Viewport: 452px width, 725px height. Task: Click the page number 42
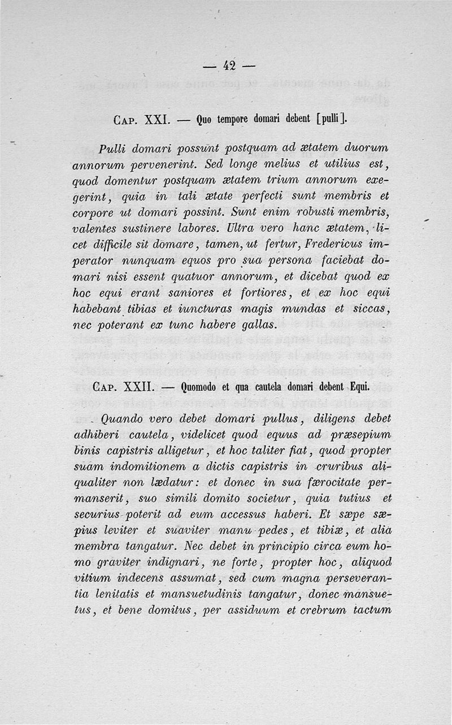point(229,66)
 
